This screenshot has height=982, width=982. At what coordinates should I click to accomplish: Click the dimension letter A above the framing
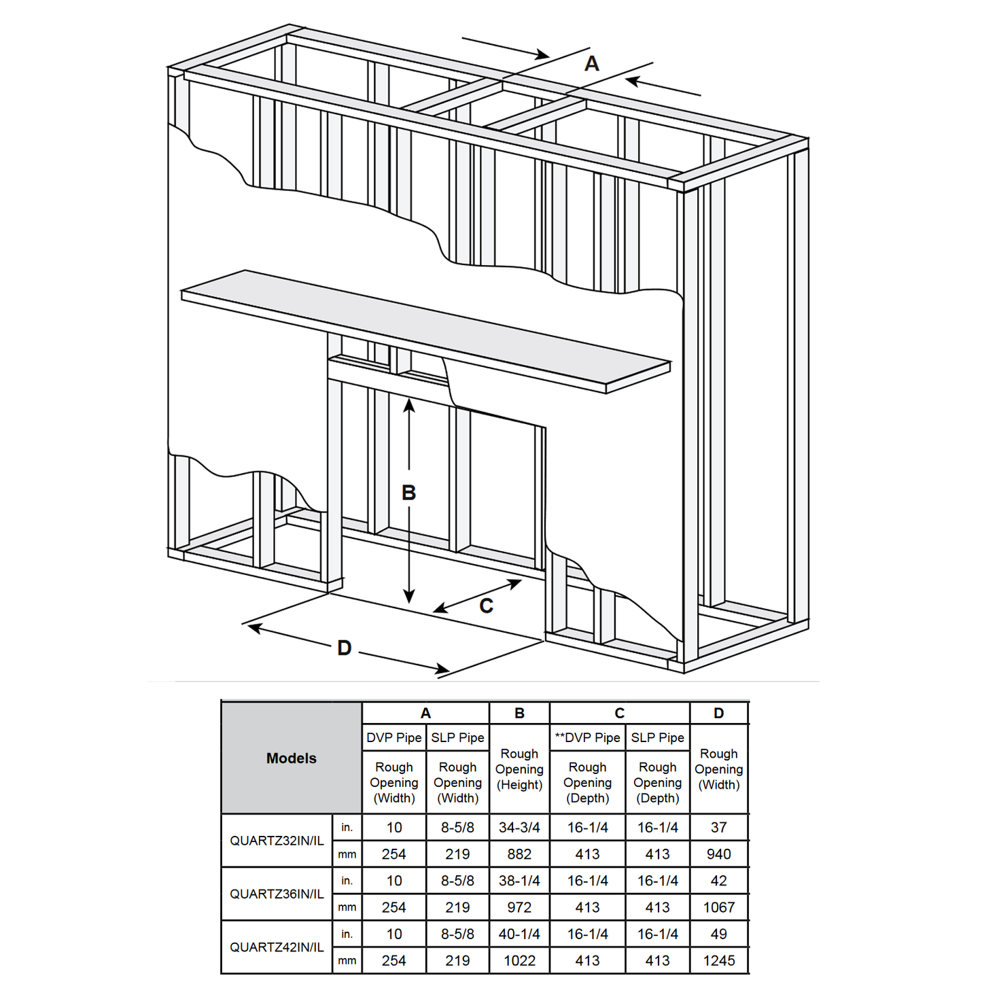(591, 64)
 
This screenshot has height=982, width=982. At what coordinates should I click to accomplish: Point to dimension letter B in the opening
(408, 493)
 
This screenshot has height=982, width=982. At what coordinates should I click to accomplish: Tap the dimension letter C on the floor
(486, 606)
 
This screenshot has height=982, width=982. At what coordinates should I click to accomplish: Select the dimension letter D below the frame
(345, 648)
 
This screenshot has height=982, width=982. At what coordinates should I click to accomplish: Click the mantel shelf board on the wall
(421, 326)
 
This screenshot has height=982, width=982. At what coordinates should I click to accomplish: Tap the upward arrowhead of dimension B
(408, 406)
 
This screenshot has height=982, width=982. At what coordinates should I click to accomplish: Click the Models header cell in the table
(291, 758)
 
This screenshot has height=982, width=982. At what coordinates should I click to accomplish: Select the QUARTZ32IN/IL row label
(277, 841)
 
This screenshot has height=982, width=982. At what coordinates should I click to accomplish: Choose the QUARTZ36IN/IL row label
(277, 894)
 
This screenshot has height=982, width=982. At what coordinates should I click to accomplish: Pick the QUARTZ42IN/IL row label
(277, 947)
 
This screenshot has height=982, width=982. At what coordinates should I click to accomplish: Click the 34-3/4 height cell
(519, 828)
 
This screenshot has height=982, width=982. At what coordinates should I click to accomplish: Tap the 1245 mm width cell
(718, 961)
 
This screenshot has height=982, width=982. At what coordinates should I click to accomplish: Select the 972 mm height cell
(519, 907)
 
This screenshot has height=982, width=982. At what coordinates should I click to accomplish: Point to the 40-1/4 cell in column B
(519, 934)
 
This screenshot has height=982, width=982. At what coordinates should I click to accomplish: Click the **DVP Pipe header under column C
(587, 738)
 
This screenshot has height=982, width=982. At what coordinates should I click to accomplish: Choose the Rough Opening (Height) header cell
(519, 769)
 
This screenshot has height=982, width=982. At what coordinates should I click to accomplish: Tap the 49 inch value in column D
(718, 934)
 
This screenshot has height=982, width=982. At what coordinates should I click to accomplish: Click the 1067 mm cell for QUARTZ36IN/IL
(718, 907)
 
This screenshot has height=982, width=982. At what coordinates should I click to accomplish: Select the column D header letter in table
(718, 714)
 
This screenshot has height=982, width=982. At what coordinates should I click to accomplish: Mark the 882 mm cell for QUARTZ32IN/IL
(519, 854)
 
